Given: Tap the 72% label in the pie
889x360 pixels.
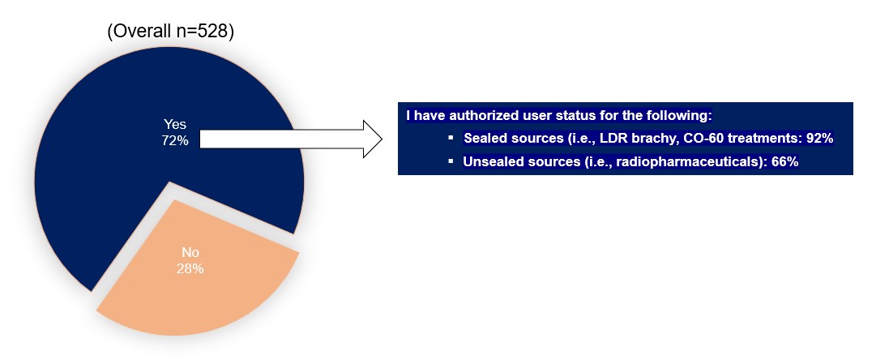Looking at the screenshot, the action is (174, 140).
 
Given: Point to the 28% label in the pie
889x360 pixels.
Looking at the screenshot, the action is (190, 268).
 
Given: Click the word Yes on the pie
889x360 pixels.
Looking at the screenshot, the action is (174, 125).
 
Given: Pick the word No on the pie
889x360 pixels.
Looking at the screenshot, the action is (190, 253).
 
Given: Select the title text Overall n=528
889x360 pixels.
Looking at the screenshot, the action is (171, 32).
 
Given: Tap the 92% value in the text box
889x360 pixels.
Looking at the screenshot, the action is (819, 138).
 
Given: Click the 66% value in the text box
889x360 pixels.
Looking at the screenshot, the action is (785, 161).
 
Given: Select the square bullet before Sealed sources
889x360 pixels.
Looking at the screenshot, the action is (451, 138).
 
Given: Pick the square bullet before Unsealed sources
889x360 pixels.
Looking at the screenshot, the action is (451, 161).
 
